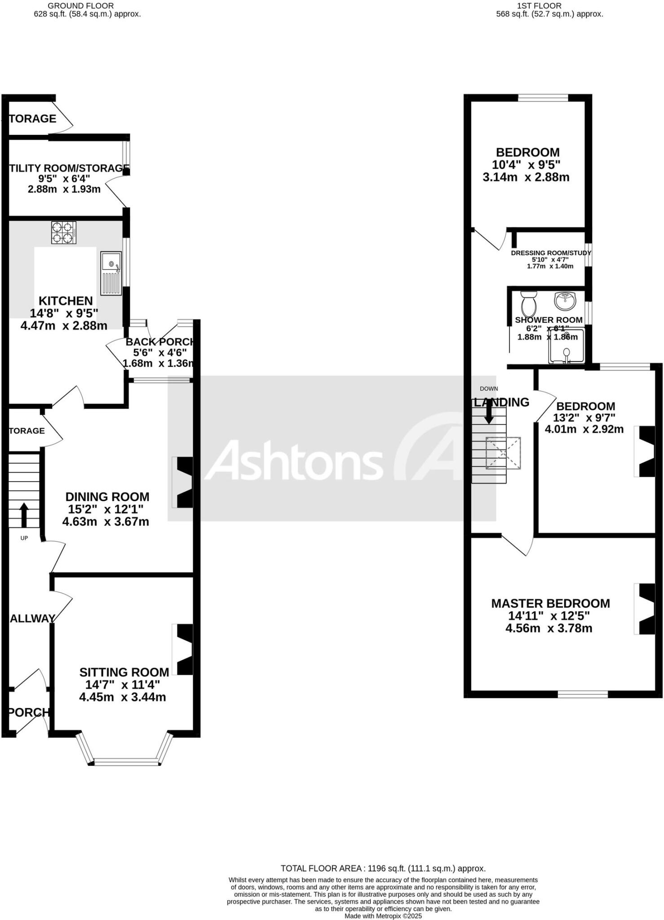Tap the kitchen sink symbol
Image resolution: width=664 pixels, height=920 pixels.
click(x=111, y=273)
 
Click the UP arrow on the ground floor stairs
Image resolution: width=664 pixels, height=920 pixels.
click(x=24, y=514)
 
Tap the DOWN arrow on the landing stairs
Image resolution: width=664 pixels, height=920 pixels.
click(x=489, y=411)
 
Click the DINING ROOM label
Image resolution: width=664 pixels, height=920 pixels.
click(x=107, y=497)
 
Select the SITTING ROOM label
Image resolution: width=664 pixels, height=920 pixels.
click(x=124, y=672)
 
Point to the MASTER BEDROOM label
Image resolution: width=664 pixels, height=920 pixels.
click(x=550, y=603)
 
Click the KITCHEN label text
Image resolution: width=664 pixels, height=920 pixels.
click(x=66, y=301)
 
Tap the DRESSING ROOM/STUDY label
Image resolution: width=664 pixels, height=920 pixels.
click(x=551, y=253)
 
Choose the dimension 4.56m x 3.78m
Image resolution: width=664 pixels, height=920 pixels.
click(x=549, y=628)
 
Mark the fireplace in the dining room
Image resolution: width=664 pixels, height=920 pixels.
click(x=184, y=482)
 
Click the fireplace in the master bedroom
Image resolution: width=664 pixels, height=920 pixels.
click(x=646, y=609)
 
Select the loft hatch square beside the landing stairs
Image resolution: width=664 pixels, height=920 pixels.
click(x=503, y=453)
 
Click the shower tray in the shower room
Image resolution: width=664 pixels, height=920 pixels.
click(x=567, y=346)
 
